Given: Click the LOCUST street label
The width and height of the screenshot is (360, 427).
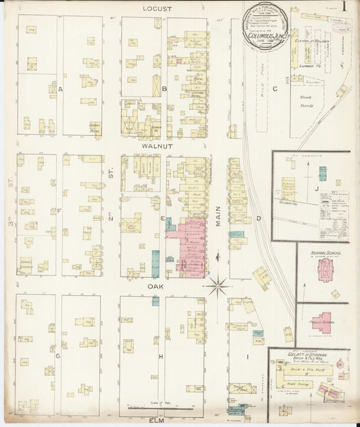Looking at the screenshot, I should (x=157, y=9).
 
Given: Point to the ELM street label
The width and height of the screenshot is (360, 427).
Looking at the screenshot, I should (x=157, y=421).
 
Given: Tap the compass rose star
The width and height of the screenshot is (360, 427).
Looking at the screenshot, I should (x=217, y=286).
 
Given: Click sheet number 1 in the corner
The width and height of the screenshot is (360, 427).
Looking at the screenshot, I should (x=344, y=7).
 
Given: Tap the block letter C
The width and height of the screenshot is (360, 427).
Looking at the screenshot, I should (x=274, y=89).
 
